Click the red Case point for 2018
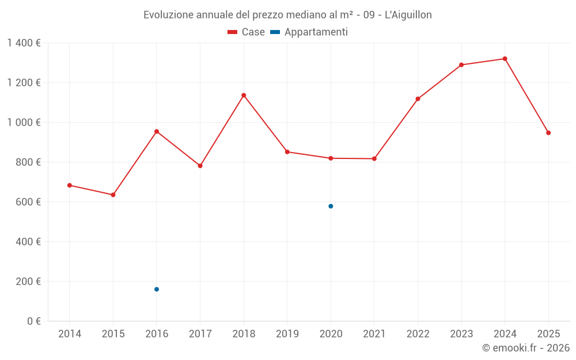coord(244,95)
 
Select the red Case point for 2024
coord(505,59)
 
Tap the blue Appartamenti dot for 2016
coord(157,289)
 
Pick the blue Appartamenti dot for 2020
coord(331,206)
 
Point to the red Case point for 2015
coord(113,195)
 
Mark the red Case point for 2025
coord(548,133)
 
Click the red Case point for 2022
coord(418,99)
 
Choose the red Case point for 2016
coord(157,131)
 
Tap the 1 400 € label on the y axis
coord(24,43)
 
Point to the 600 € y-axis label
coord(28,202)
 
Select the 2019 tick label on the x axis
coord(287,334)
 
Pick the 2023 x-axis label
coord(461,334)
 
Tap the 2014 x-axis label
coord(70,334)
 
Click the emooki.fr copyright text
coord(525,348)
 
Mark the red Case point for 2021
coord(374,158)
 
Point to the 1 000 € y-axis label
coord(24,123)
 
